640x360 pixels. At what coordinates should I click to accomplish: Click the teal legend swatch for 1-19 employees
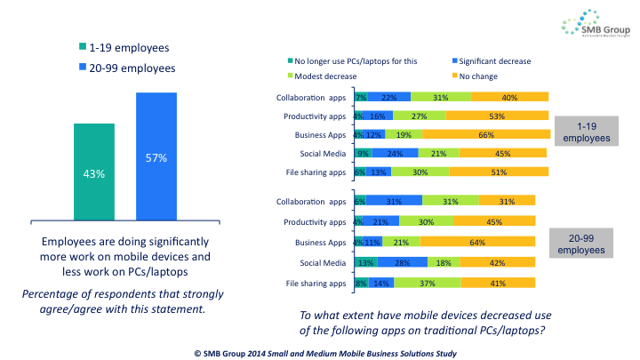click(81, 46)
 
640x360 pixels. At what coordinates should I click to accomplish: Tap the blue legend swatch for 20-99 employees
click(81, 67)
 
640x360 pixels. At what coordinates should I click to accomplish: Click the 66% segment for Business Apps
click(485, 134)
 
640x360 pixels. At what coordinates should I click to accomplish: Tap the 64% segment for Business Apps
click(477, 241)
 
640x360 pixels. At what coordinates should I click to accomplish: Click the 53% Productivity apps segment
click(497, 116)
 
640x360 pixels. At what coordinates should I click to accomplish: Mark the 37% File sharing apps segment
click(428, 283)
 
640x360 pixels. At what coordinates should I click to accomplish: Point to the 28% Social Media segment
click(403, 262)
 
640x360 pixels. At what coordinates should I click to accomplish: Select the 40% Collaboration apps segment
click(509, 97)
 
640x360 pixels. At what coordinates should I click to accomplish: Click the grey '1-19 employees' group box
click(586, 132)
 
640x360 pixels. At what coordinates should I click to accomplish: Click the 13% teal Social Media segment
click(364, 262)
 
